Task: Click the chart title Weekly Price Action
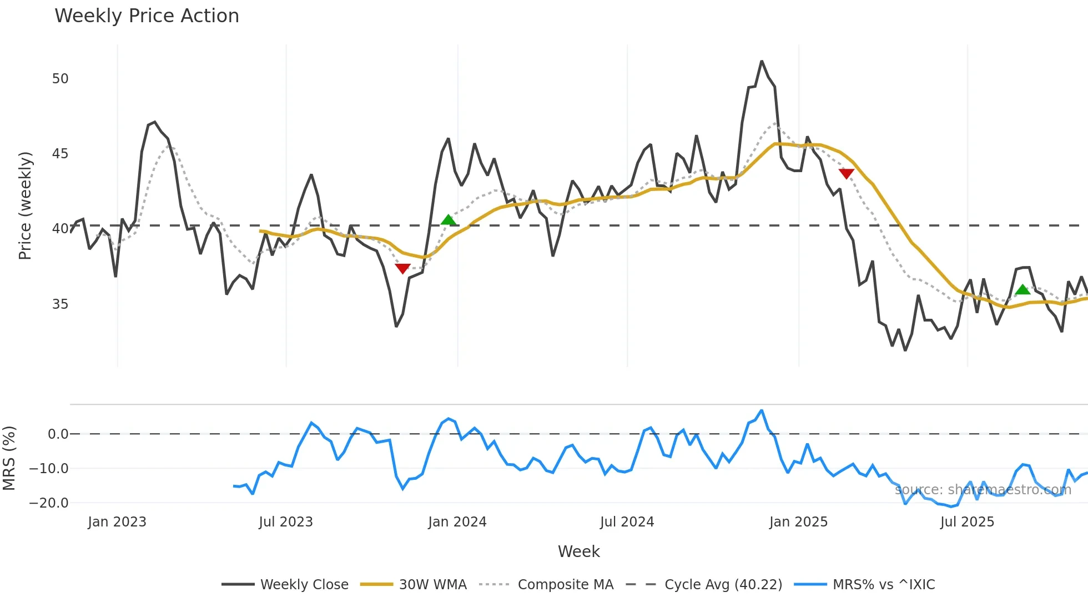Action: coord(147,16)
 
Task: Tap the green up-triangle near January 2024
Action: coord(449,220)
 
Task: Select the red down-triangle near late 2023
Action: coord(402,269)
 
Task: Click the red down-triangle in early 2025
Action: coord(846,174)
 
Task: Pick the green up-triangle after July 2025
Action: coord(1022,290)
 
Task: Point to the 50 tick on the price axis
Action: coord(60,79)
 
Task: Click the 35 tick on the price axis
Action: coord(60,304)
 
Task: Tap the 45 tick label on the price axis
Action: coord(60,154)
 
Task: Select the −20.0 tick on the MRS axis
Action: coord(49,503)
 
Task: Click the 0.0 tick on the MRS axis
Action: coord(58,434)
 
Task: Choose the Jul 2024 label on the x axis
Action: coord(627,522)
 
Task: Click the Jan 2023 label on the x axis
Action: coord(117,522)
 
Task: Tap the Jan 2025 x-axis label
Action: coord(798,522)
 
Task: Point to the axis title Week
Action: coord(578,551)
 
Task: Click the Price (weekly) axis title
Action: coord(25,205)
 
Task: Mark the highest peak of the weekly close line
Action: coord(762,62)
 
